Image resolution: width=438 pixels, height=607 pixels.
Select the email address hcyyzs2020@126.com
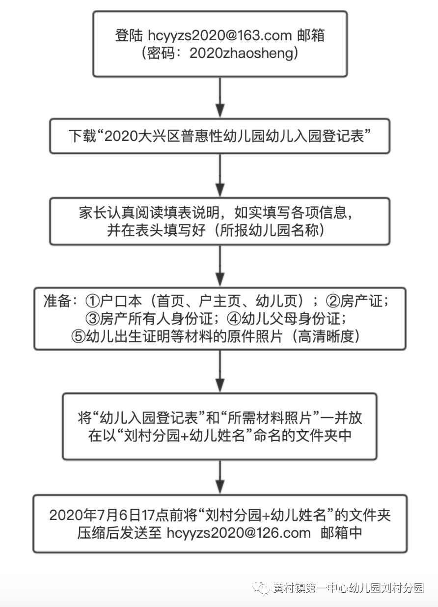pos(239,532)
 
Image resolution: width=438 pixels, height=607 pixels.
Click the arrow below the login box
pos(220,98)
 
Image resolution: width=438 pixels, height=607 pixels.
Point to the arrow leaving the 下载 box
pos(220,175)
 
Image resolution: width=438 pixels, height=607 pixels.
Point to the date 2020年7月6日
pos(95,515)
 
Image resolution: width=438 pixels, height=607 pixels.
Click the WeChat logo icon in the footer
pos(261,587)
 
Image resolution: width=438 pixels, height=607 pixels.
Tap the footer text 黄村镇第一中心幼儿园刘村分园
pos(349,588)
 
